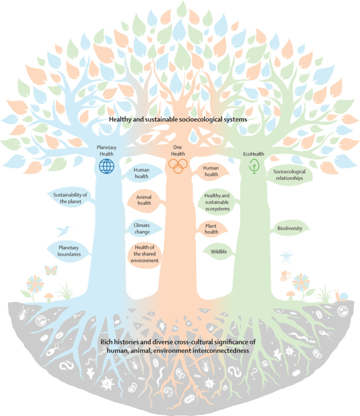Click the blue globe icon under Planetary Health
click(107, 166)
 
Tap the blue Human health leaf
click(142, 173)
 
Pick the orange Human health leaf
click(211, 171)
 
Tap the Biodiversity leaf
click(289, 228)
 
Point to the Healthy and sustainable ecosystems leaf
click(217, 202)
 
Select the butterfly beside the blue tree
click(51, 270)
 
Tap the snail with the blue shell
click(340, 295)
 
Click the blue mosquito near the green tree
click(286, 256)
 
